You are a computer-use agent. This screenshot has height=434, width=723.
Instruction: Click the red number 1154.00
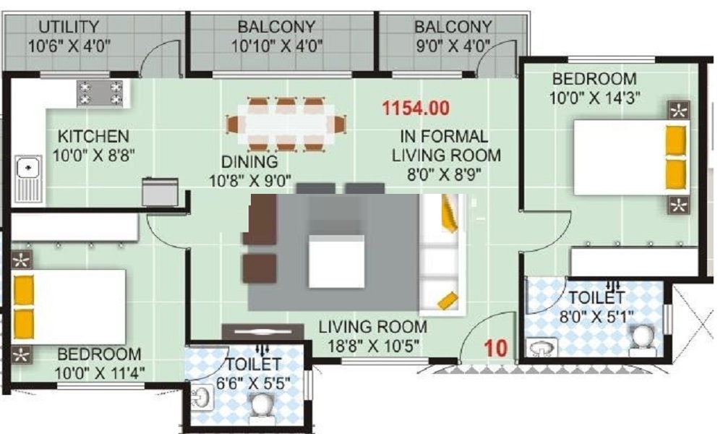[x=416, y=109]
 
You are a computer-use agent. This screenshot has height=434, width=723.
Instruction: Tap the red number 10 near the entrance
[x=495, y=347]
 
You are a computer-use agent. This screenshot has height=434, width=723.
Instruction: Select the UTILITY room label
[x=69, y=27]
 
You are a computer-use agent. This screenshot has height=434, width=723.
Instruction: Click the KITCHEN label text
[x=94, y=136]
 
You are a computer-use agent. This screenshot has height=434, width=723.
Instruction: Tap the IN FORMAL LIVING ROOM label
[x=445, y=145]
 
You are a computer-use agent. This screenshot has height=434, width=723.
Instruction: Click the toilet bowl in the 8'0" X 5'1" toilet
[x=641, y=338]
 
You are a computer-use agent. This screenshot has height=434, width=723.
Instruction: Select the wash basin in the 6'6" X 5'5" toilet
[x=201, y=397]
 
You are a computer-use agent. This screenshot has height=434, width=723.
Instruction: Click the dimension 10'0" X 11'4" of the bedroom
[x=100, y=373]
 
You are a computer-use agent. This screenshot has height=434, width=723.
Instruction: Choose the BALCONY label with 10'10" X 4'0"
[x=277, y=27]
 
